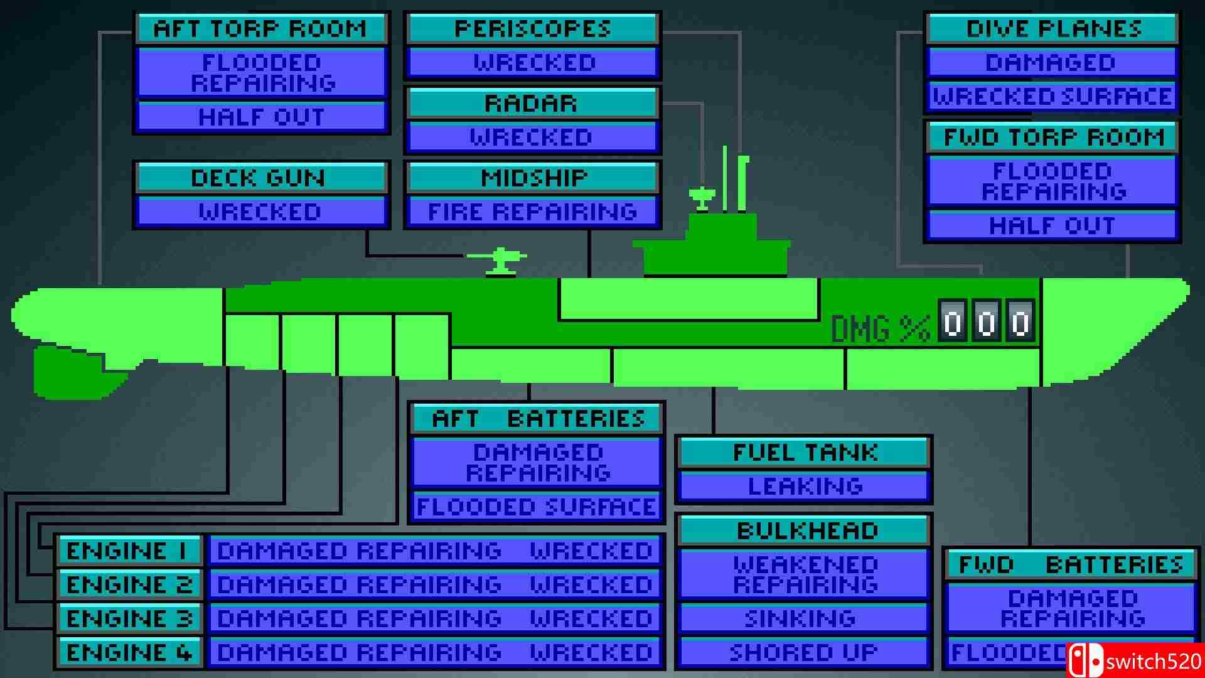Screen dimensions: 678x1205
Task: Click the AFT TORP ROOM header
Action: click(260, 29)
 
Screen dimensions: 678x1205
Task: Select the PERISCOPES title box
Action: click(532, 29)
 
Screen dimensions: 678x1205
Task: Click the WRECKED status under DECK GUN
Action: click(260, 212)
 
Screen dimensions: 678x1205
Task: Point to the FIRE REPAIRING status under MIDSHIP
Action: click(532, 212)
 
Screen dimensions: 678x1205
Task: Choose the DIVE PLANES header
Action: click(1053, 29)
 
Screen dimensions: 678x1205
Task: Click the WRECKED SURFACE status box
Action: click(1052, 97)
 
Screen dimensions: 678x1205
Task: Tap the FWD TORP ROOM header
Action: click(1053, 137)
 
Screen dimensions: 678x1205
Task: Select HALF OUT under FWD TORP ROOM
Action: click(1052, 226)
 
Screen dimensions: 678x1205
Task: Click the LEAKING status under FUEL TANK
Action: click(805, 487)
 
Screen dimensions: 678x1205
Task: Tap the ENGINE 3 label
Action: click(129, 619)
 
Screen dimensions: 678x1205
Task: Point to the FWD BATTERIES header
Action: click(1071, 565)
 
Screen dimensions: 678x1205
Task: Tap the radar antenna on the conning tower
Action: click(702, 196)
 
